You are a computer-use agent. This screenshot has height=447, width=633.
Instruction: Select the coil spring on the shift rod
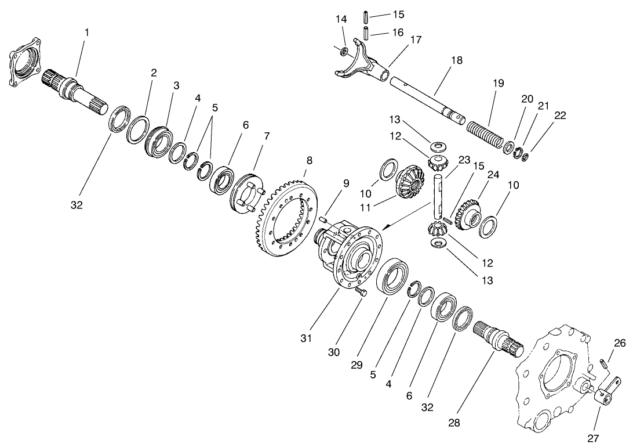pos(486,134)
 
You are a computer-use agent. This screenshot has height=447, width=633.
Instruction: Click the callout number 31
pos(307,338)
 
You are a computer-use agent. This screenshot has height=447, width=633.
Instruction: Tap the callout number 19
pos(499,83)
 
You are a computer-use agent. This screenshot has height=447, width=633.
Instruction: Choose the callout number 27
pos(593,438)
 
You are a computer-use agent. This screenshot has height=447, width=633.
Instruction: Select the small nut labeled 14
pos(344,52)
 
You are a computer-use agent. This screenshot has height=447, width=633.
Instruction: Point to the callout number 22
pos(559,116)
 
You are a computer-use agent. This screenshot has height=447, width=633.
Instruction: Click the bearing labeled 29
pos(393,277)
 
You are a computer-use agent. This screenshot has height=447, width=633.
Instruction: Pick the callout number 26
pos(620,343)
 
